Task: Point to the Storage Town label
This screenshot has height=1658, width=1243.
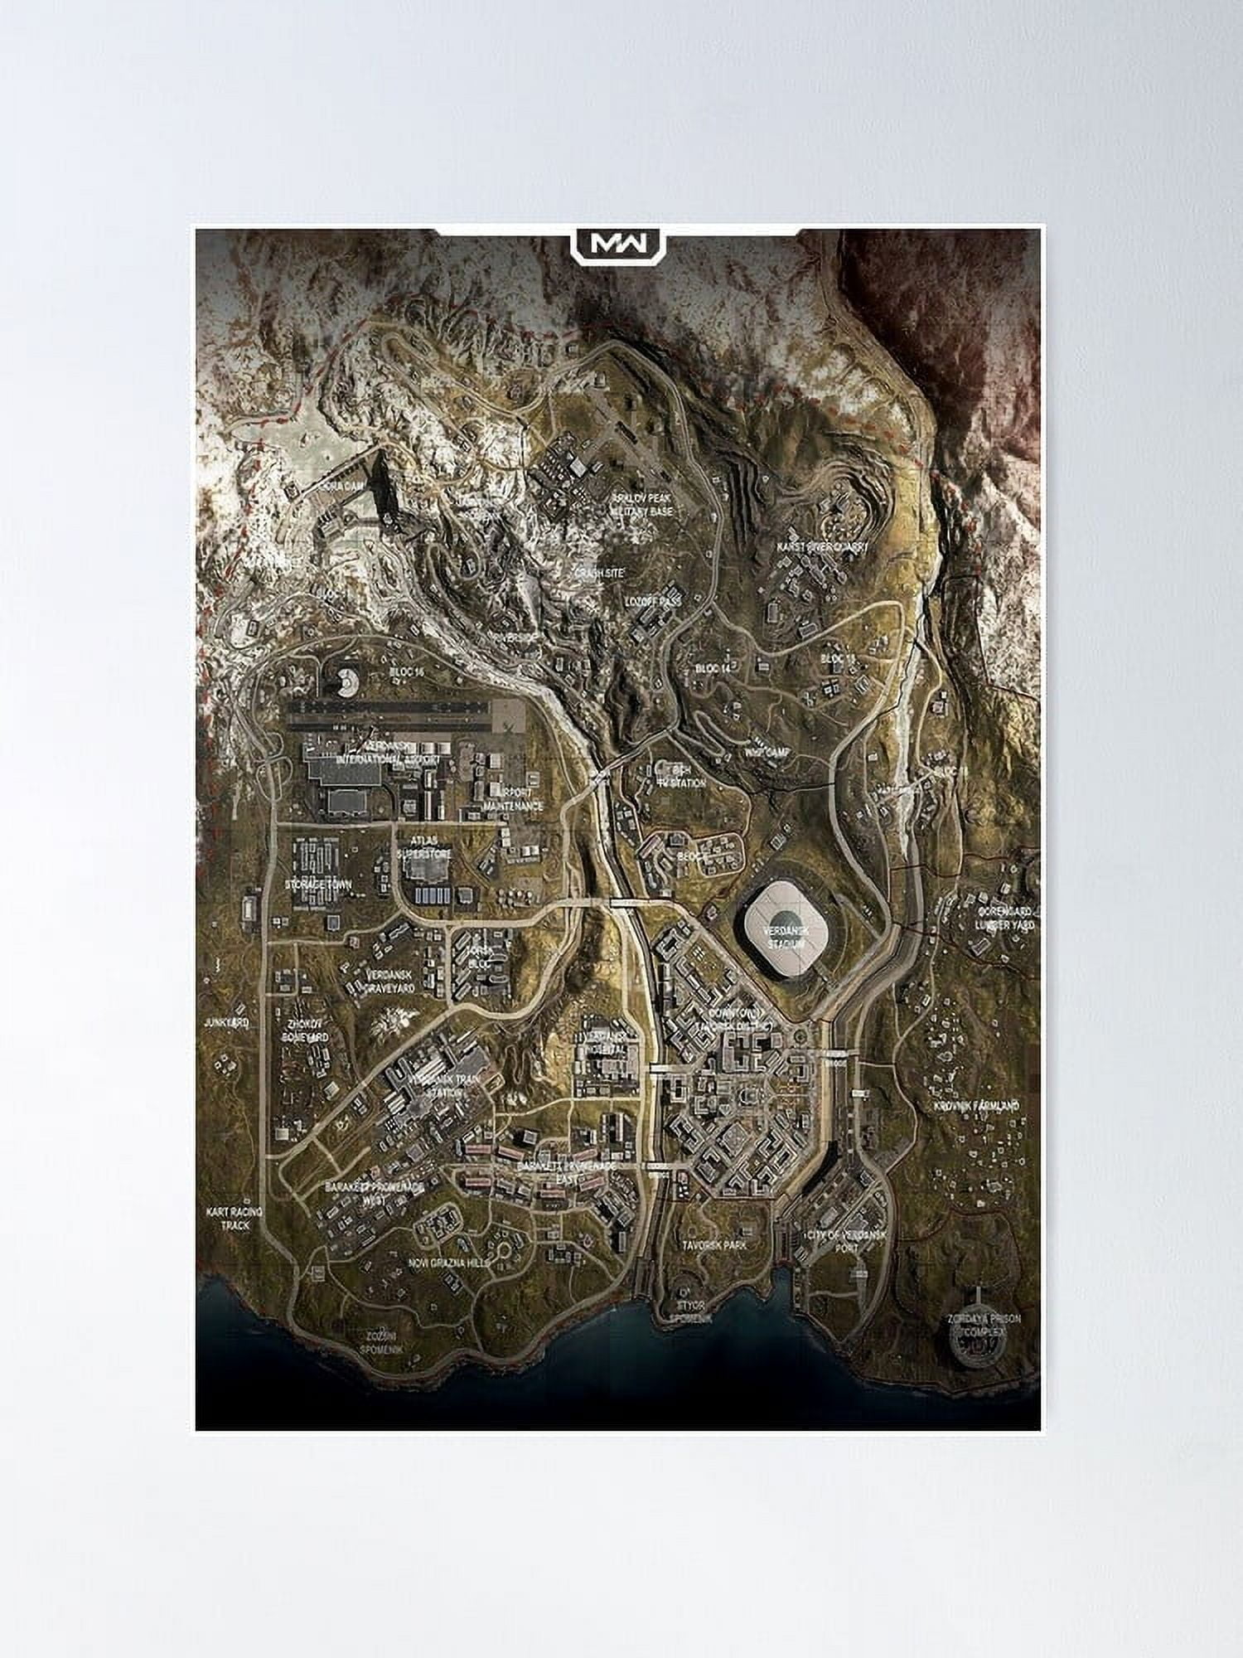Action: click(318, 885)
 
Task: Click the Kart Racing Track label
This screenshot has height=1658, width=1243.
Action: click(235, 1219)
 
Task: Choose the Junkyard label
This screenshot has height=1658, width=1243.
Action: click(226, 1024)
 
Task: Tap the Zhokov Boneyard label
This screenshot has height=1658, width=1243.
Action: click(302, 1030)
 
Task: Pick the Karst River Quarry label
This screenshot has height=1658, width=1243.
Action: click(821, 548)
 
